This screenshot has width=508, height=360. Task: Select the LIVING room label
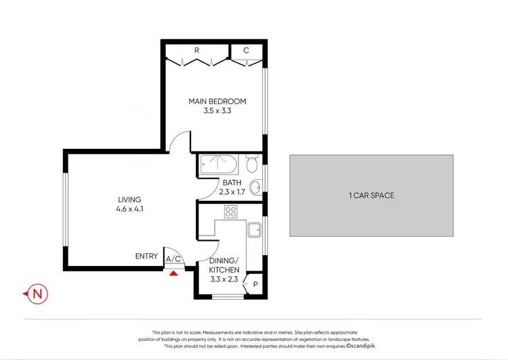(129, 200)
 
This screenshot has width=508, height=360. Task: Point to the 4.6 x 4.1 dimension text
(129, 209)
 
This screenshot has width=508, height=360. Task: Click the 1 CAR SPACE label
(371, 196)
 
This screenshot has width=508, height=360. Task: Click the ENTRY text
(146, 256)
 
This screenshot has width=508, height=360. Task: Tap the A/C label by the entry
(173, 258)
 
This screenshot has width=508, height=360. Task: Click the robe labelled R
(196, 50)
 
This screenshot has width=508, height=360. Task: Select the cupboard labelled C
(246, 50)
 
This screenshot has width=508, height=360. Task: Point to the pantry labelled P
(255, 285)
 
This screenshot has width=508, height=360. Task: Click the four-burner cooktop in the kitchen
(230, 211)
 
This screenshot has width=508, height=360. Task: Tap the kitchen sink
(255, 231)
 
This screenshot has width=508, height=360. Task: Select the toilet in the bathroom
(252, 164)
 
